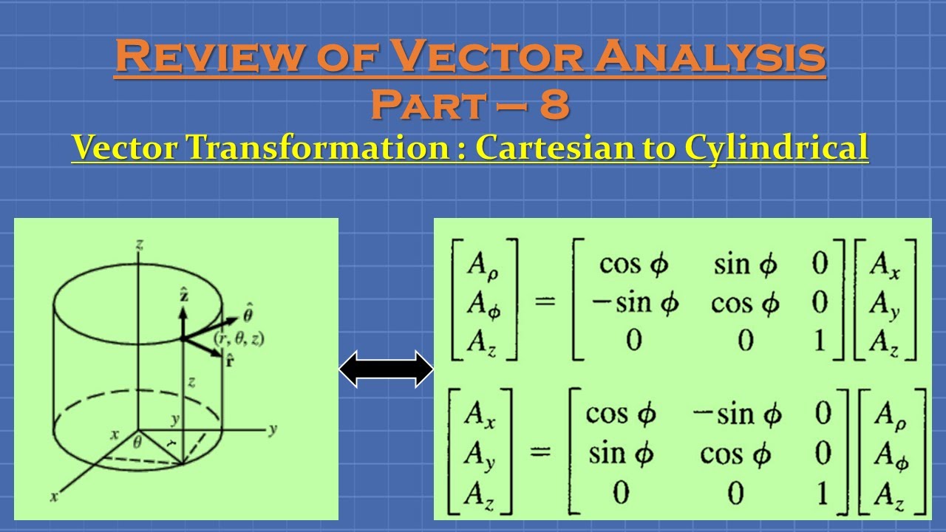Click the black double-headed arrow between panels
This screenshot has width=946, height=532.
(386, 369)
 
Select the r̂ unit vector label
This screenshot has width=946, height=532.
(235, 362)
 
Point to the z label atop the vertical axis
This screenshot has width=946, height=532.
(140, 244)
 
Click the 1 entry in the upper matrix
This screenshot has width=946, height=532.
(820, 341)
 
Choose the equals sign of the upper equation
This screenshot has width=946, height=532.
(545, 302)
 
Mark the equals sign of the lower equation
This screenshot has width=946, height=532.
(541, 453)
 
